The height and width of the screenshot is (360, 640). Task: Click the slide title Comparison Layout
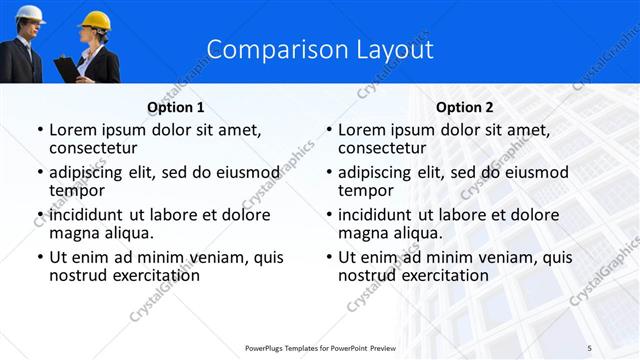[x=320, y=49]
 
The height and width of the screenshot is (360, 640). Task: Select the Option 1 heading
[x=176, y=107]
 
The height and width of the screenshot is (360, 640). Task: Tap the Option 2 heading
[x=465, y=107]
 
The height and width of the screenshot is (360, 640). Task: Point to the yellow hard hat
[x=95, y=20]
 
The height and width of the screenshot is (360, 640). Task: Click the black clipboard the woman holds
[x=65, y=68]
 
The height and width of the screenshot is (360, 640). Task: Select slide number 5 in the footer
[x=589, y=347]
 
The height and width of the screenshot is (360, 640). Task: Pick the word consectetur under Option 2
[x=381, y=148]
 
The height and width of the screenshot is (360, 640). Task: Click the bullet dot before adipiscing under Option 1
[x=40, y=172]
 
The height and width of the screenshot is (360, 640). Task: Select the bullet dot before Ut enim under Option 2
[x=329, y=257]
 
